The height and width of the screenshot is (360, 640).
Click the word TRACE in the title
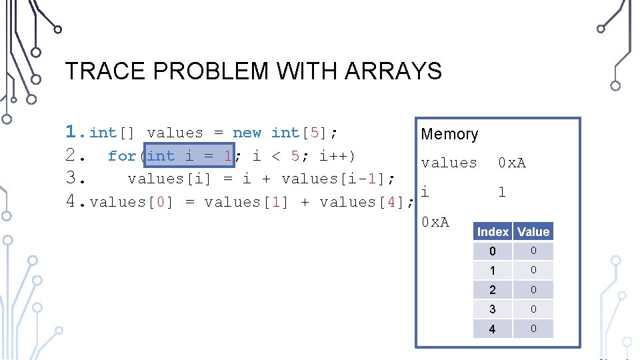pos(97,71)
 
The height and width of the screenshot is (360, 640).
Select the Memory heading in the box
pos(449,134)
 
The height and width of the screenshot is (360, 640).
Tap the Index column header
pos(493,232)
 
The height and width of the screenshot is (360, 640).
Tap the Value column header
pos(533,232)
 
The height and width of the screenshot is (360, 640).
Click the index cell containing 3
pos(493,309)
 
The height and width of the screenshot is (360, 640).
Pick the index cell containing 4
pos(493,329)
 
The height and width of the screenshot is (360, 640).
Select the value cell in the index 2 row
pos(533,289)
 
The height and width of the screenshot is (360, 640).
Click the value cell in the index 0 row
pos(533,251)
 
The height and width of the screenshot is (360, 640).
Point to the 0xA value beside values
pos(512,163)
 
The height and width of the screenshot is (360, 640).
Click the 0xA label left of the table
pos(435,221)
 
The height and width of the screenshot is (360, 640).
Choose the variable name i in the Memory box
pos(425,192)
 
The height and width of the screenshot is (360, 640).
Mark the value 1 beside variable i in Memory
pos(502,192)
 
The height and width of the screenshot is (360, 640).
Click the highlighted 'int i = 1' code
pos(189,156)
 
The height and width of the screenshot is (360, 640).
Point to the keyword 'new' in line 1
pos(247,133)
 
